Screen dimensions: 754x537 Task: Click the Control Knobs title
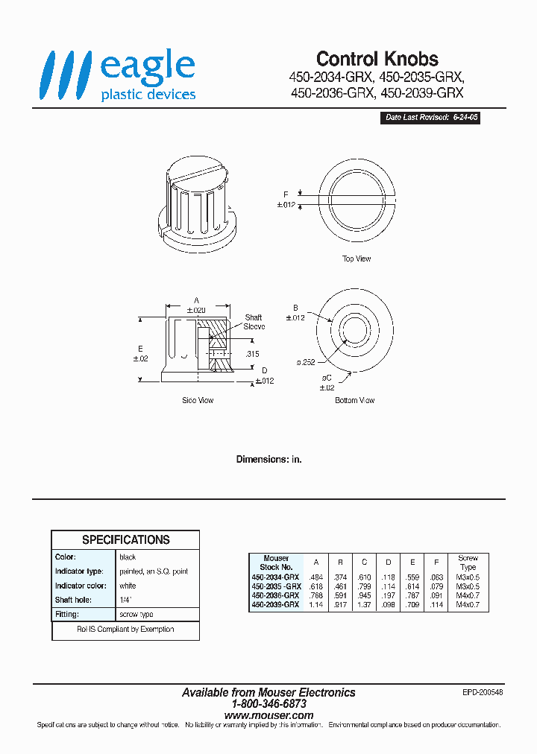coord(377,59)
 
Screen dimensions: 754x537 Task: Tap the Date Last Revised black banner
coord(430,118)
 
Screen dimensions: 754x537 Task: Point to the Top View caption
coord(356,259)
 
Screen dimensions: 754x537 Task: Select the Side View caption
coord(198,400)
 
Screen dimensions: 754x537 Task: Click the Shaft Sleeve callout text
coord(254,322)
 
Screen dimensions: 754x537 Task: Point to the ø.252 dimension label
coord(307,362)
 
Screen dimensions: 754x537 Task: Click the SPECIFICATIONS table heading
coord(125,539)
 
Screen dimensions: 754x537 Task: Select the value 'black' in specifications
coord(128,557)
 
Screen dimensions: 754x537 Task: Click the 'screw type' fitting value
coord(136,615)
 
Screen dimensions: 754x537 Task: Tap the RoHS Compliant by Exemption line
coord(125,630)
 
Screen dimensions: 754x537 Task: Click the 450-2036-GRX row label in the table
coord(275,595)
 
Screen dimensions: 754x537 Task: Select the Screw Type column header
coord(468,563)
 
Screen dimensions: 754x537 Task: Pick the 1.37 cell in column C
coord(365,604)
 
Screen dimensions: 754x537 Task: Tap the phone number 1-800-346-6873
coord(268,704)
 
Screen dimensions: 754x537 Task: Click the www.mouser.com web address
coord(268,715)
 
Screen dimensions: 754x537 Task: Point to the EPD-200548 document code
coord(483,692)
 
